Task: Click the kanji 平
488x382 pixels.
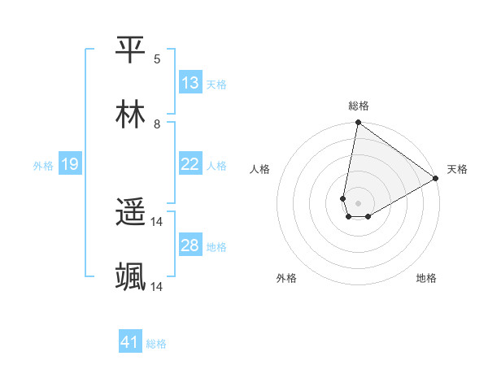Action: pos(131,50)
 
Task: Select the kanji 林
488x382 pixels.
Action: pos(131,115)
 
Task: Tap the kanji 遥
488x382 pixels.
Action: pos(131,213)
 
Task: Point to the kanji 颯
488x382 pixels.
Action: pos(131,277)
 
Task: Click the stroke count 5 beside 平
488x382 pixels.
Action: pos(157,59)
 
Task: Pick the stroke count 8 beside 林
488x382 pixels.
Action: pos(157,124)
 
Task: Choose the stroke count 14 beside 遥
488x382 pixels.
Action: pos(157,222)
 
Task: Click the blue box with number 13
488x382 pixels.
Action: pos(190,83)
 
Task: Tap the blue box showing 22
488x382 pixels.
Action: pos(190,164)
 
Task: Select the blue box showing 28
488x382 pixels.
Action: pos(190,245)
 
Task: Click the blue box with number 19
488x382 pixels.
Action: pos(70,164)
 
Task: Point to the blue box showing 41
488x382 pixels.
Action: pos(130,343)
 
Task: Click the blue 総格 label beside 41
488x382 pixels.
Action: pos(156,344)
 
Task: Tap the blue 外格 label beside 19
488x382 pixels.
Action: pos(43,165)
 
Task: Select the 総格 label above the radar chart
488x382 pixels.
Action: pos(359,106)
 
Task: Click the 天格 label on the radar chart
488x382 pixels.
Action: pos(457,169)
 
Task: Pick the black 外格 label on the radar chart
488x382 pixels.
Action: pos(286,278)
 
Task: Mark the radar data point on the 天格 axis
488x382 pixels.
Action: pos(436,179)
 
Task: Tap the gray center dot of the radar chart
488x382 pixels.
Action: pos(359,203)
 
